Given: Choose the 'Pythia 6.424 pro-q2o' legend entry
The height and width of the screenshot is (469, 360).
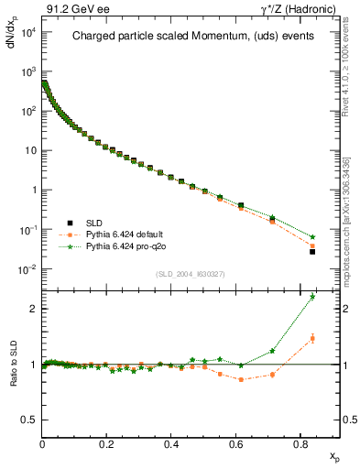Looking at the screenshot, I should (113, 246).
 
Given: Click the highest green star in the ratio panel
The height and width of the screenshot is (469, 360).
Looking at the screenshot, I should (312, 297).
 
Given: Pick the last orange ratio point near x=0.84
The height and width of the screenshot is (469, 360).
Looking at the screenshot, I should (312, 339).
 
